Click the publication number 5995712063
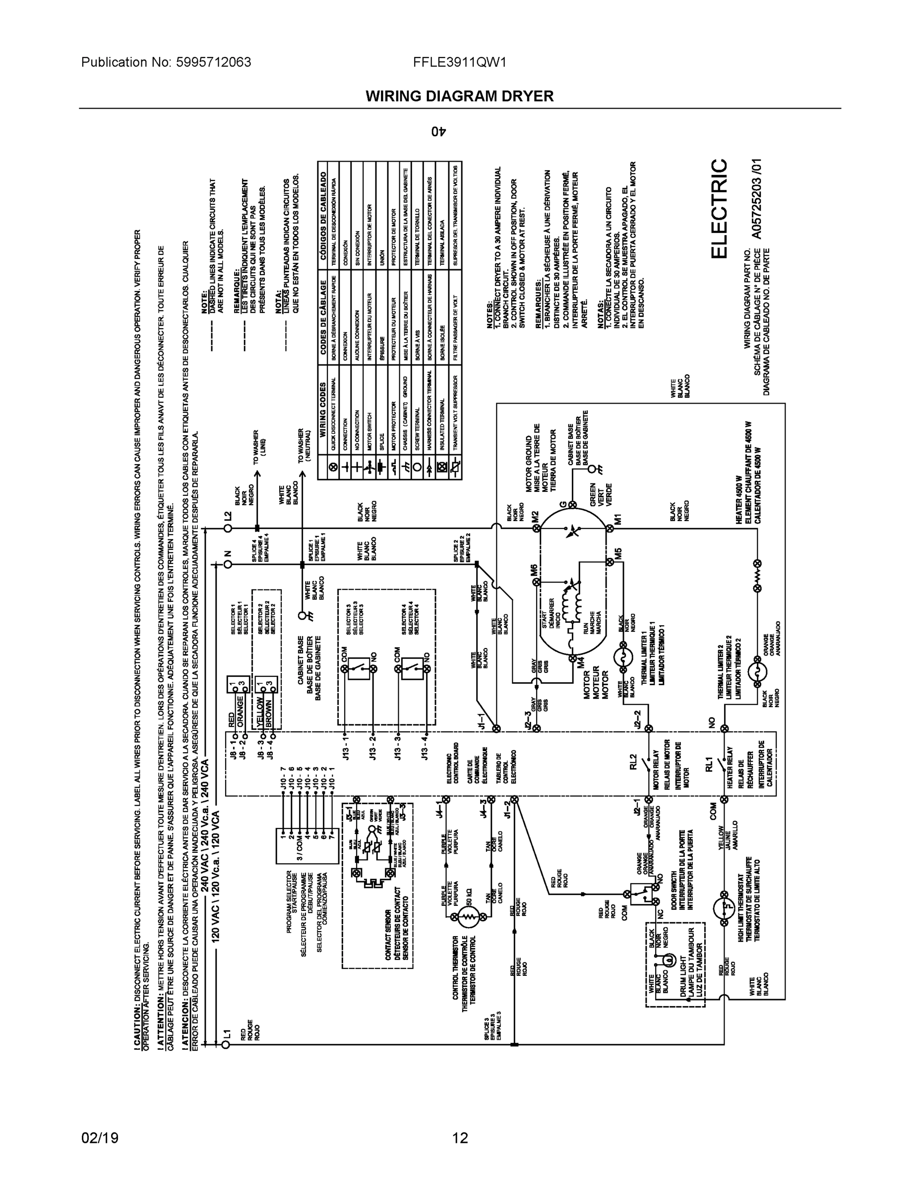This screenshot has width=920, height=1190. pyautogui.click(x=213, y=62)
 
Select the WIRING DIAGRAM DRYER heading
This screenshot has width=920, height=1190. pyautogui.click(x=459, y=97)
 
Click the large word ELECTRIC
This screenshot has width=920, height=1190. pyautogui.click(x=719, y=209)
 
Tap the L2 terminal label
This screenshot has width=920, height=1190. pyautogui.click(x=228, y=515)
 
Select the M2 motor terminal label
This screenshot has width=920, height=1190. pyautogui.click(x=535, y=515)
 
